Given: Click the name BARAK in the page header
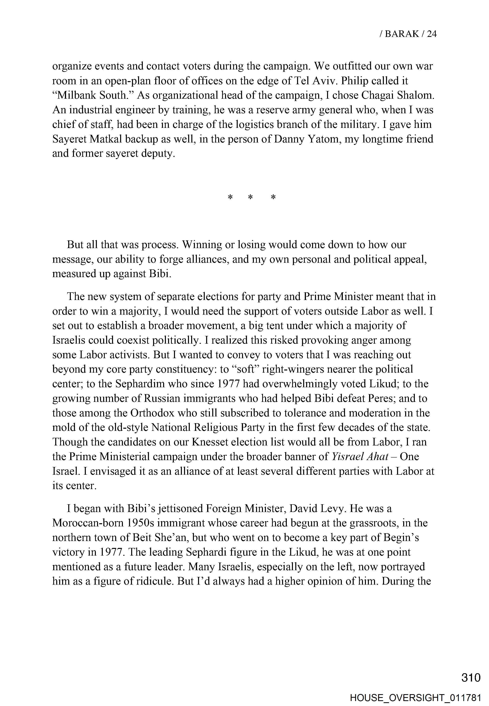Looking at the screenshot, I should coord(402,34).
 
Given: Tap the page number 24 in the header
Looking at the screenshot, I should coord(432,34).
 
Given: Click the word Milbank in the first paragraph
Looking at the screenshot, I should coord(77,95).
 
